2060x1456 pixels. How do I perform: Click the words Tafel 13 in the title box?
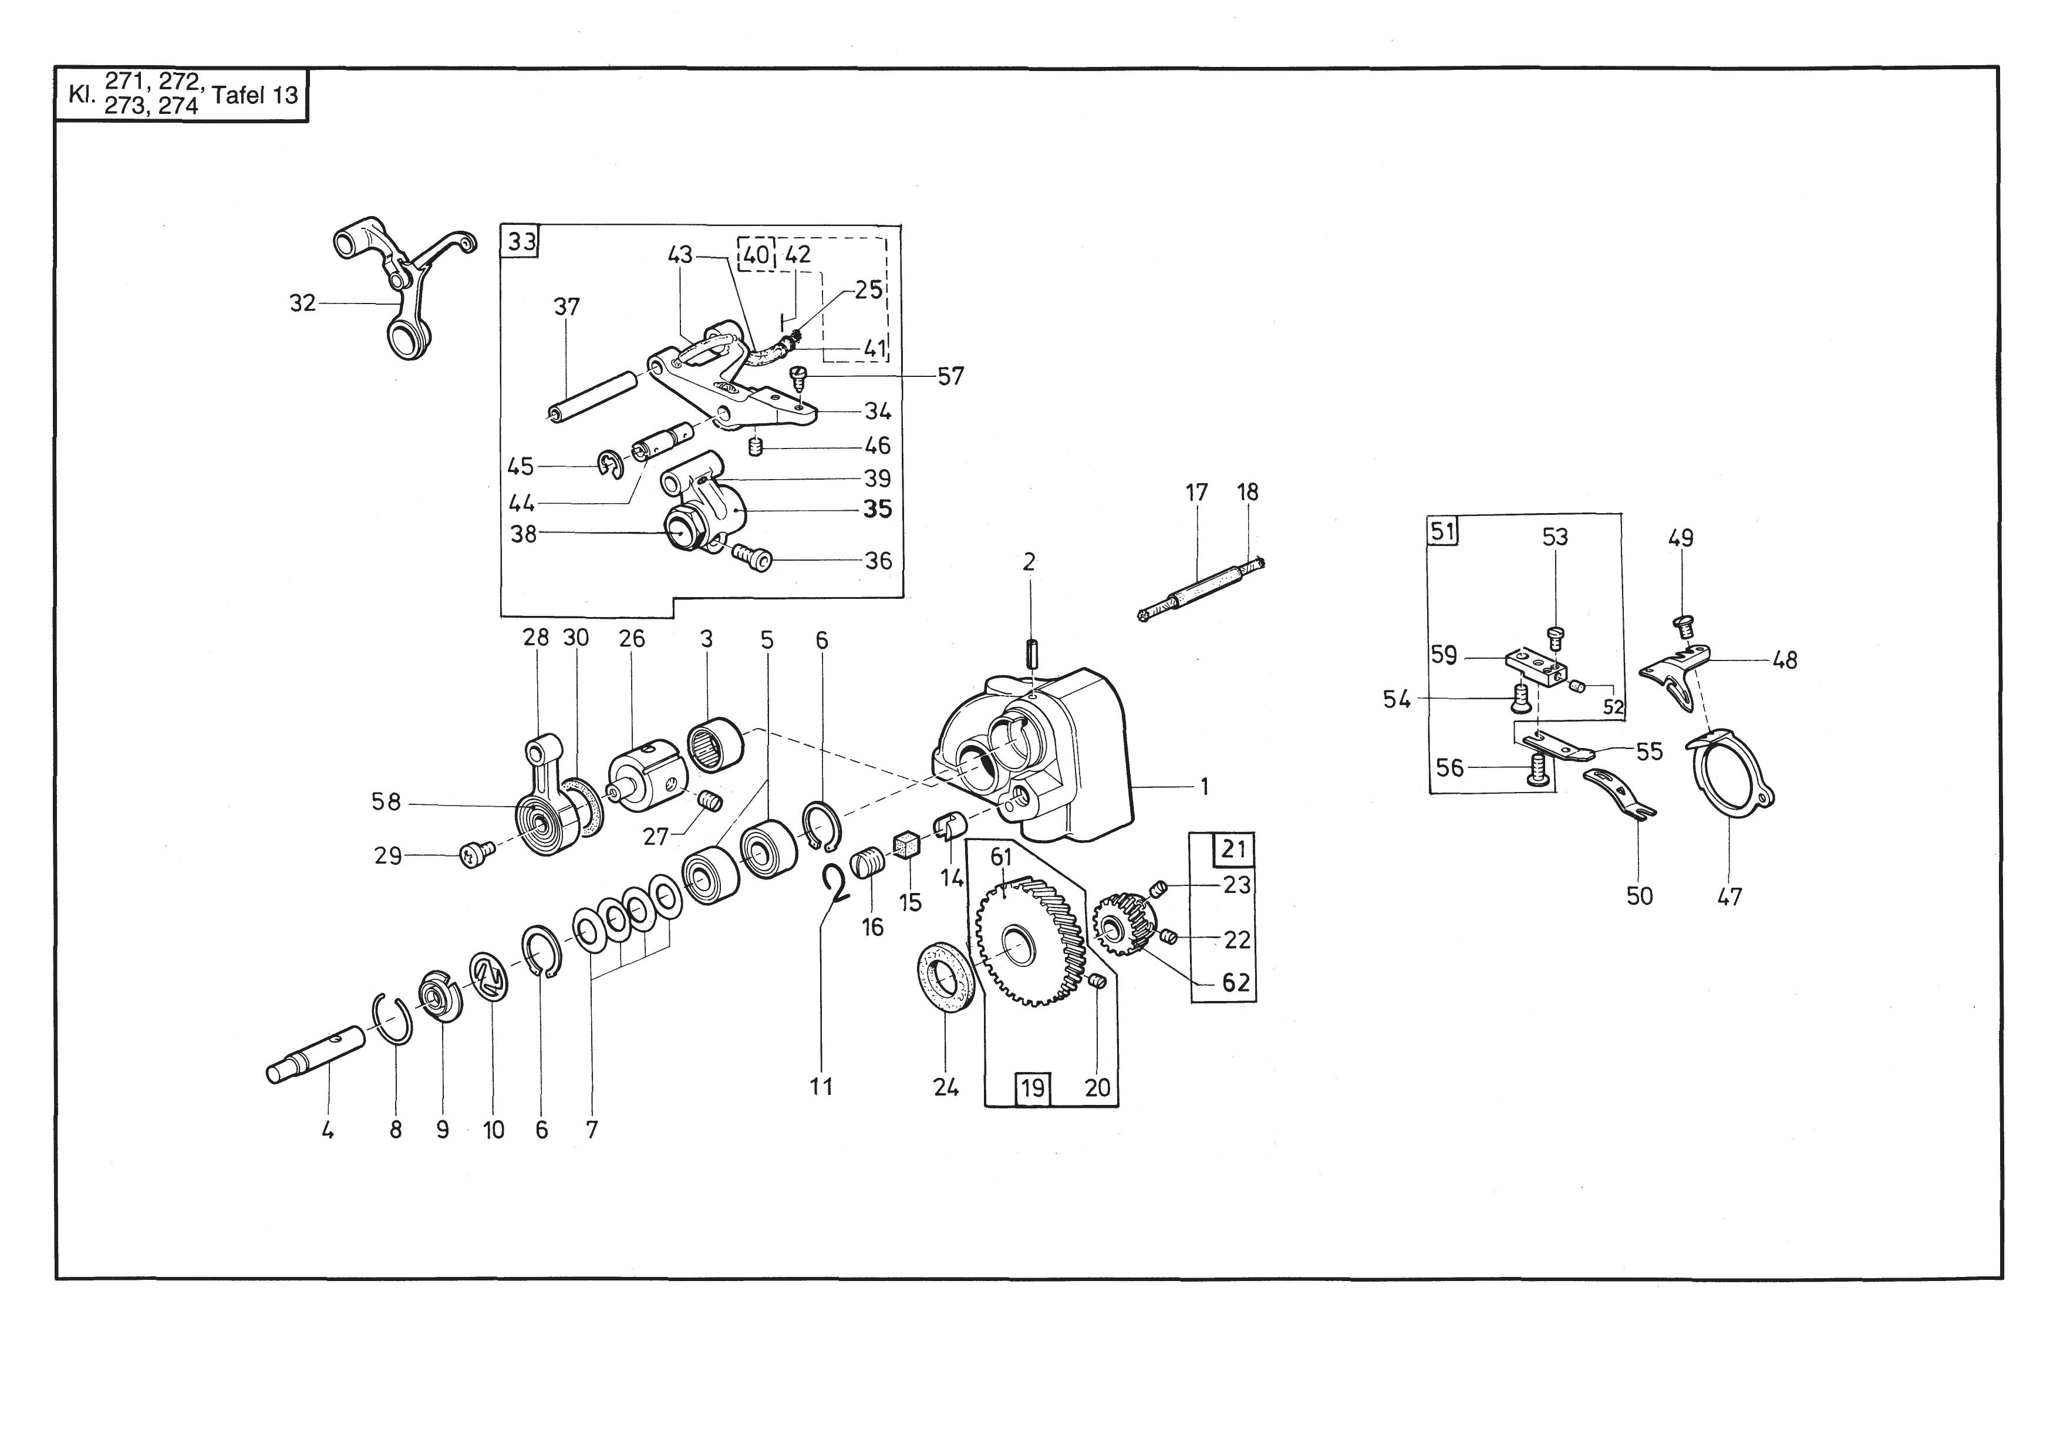(255, 95)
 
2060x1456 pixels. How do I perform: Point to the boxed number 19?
(1033, 1088)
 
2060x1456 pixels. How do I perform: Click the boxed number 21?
(1233, 849)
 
